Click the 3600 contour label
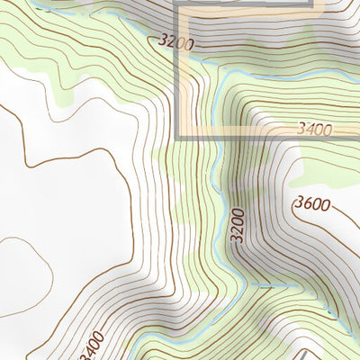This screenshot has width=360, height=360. (x=312, y=203)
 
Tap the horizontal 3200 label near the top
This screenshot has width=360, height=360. (x=175, y=40)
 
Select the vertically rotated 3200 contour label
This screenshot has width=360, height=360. (x=238, y=226)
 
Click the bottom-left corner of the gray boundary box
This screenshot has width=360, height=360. (x=177, y=137)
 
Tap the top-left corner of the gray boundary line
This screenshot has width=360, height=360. (x=177, y=6)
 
